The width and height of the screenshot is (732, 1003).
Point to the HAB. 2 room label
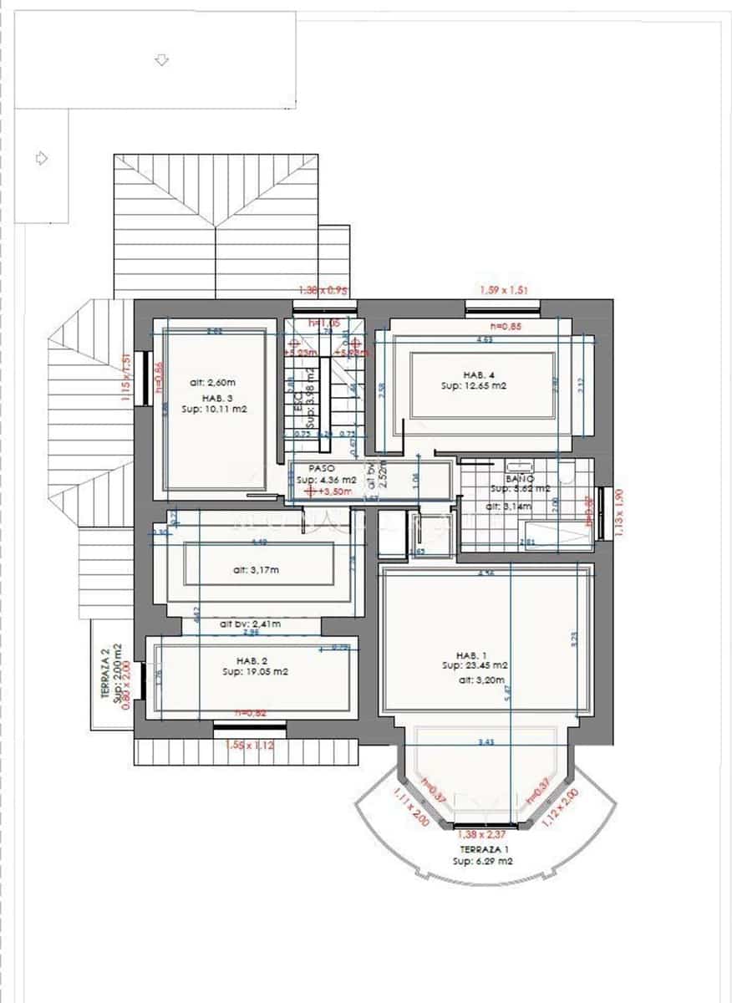coord(250,660)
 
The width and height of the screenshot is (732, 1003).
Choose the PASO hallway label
coord(322,470)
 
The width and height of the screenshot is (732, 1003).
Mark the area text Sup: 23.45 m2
coord(475,666)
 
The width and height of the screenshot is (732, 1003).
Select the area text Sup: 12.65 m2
coord(475,386)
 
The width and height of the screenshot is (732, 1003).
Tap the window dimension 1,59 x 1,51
coord(504,289)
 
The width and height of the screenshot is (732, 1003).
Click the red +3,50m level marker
coord(331,492)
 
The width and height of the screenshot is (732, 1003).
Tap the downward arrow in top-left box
coord(162,60)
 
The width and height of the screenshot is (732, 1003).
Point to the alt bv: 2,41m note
coord(250,624)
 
